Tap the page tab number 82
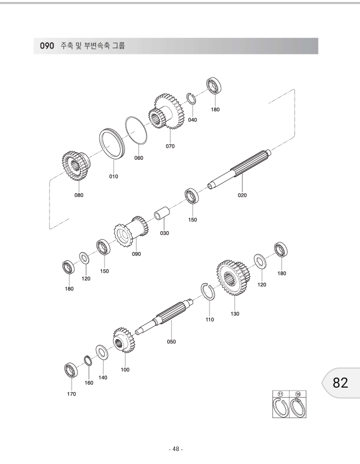pos(340,383)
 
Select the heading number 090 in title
pos(47,46)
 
